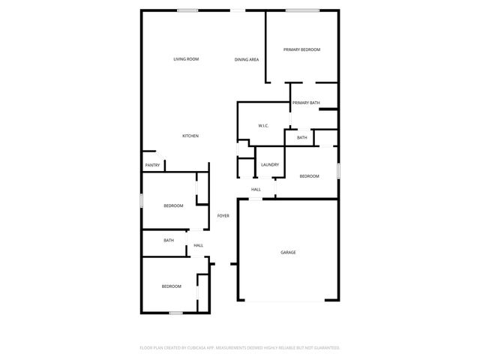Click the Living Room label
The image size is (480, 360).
click(185, 59)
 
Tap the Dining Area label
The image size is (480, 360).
click(247, 59)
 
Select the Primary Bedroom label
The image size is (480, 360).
click(301, 49)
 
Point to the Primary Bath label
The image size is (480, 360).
click(306, 103)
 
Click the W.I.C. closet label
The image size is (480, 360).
click(263, 125)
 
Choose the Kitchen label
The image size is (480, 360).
click(190, 136)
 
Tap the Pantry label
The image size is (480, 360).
click(152, 165)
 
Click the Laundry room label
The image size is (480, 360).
click(270, 165)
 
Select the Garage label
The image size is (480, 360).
click(288, 253)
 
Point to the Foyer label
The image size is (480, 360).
click(223, 216)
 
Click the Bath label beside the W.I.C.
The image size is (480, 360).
click(301, 138)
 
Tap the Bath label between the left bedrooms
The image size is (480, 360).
click(169, 241)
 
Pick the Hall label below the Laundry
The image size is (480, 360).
click(256, 190)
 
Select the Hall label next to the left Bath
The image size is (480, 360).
click(198, 245)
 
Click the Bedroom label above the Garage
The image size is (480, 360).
click(309, 176)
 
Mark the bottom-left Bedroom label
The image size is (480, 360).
click(172, 286)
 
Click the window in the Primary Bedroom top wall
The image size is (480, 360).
click(301, 10)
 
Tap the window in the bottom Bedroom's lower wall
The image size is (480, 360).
click(175, 313)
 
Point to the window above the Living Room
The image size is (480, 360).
click(187, 10)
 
